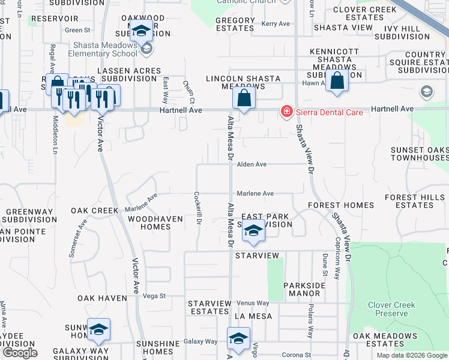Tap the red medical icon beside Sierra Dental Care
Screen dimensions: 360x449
point(287,112)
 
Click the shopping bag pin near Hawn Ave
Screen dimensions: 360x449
point(337,81)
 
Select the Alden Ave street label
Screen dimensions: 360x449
point(252,164)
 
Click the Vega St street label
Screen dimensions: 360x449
point(154,296)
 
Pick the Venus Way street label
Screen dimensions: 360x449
point(253,303)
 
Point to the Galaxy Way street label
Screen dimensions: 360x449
point(200,341)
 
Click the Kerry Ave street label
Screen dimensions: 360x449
point(276,24)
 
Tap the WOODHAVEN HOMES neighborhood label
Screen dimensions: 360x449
point(155,223)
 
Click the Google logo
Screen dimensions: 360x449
point(20,353)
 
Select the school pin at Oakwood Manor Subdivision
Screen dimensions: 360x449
point(142,31)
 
